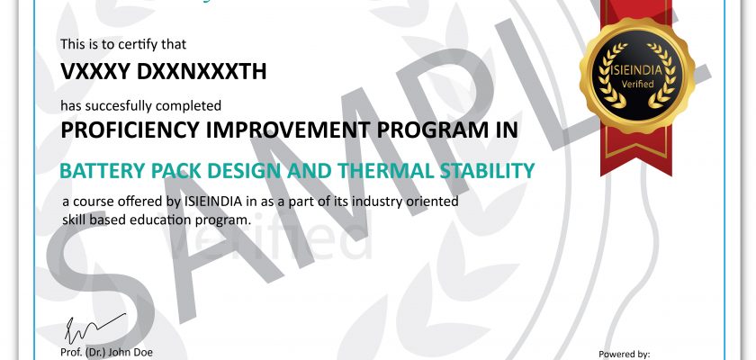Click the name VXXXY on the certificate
(95, 72)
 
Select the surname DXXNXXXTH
(202, 72)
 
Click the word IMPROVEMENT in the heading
(288, 130)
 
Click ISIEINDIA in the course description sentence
(213, 202)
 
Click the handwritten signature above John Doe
(95, 328)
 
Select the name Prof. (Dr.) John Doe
(106, 352)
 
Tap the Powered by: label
(625, 355)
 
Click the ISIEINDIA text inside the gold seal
(637, 70)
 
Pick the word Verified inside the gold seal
(637, 84)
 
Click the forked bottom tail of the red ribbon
(636, 159)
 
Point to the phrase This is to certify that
(123, 44)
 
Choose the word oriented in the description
(433, 202)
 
